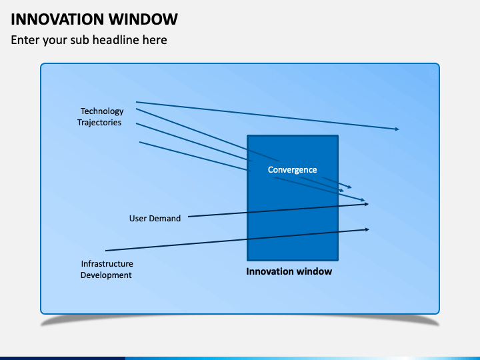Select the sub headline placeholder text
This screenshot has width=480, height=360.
tap(89, 40)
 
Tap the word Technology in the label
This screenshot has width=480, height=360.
tap(102, 111)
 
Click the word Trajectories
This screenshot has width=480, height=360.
tap(99, 123)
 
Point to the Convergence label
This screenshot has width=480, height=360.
tap(292, 170)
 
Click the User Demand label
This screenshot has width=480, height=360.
tap(155, 219)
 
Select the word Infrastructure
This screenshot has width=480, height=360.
tap(107, 264)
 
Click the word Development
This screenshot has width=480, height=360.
tap(106, 275)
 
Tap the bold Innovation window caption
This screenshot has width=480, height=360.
tap(289, 272)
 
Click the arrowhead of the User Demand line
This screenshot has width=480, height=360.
tap(366, 204)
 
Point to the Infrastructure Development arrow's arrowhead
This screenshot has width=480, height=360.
tap(367, 229)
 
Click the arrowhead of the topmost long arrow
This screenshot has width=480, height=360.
tap(397, 129)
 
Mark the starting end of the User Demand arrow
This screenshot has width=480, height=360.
tap(189, 217)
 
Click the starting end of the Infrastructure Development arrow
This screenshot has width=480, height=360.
tap(107, 250)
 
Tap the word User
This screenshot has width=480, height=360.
tap(138, 219)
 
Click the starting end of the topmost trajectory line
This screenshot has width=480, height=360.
tap(137, 102)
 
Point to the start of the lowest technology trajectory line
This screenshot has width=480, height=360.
tap(140, 142)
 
